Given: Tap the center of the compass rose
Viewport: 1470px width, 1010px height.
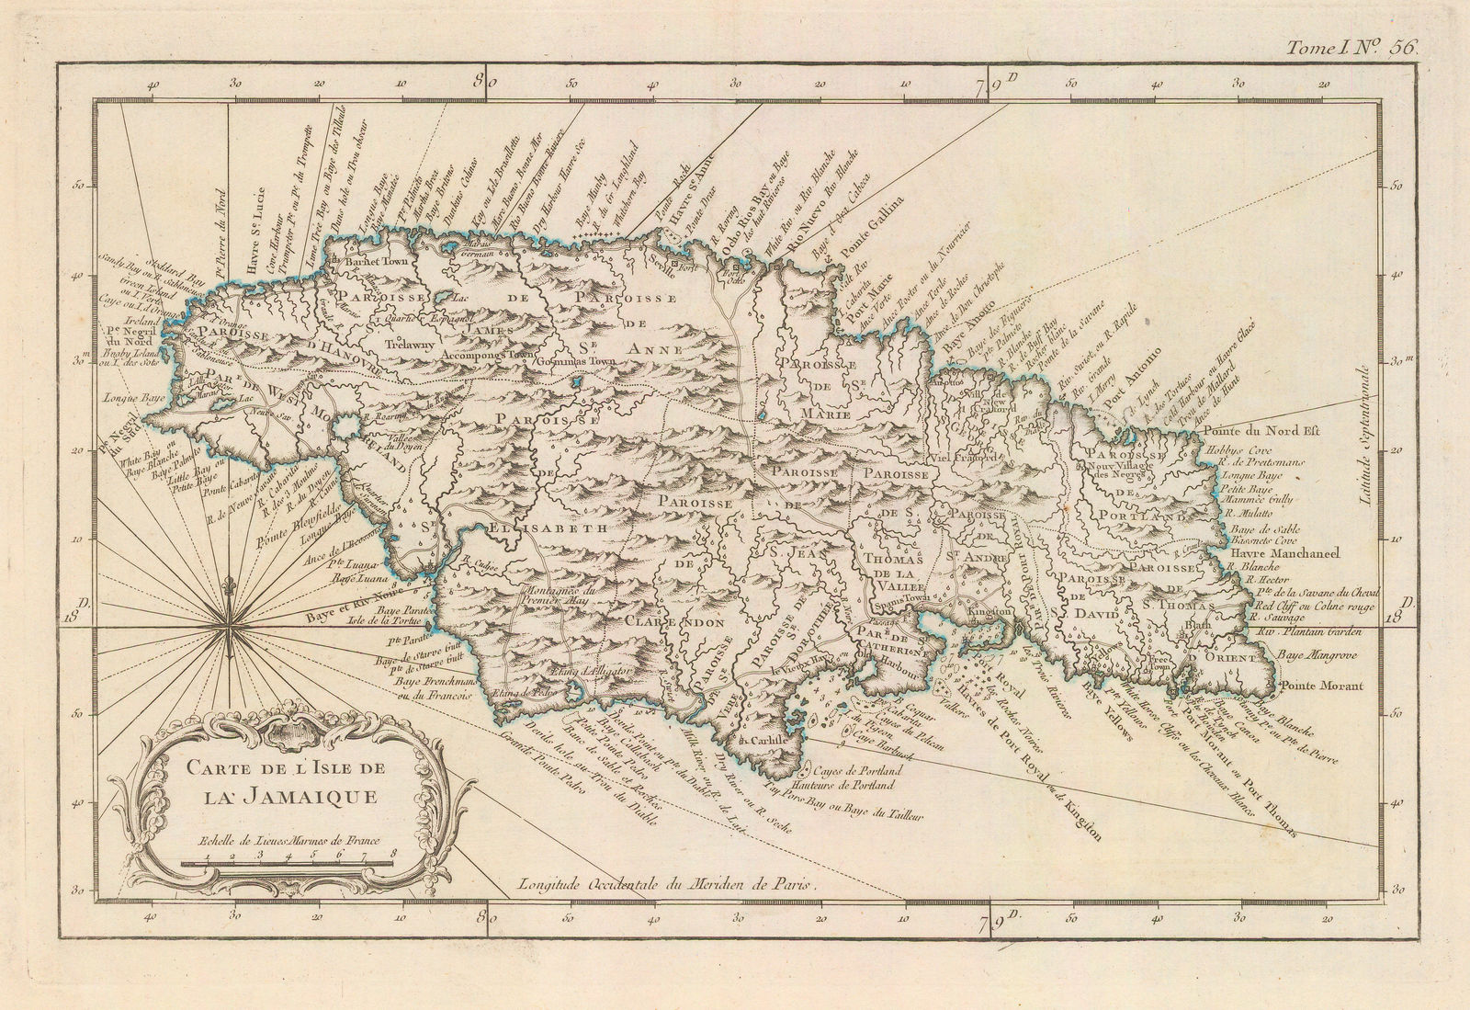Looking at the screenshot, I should (226, 629).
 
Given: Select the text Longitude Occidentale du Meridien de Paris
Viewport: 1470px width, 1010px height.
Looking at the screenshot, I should (666, 885).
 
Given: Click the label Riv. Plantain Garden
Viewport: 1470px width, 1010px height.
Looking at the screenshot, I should (1309, 632).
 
